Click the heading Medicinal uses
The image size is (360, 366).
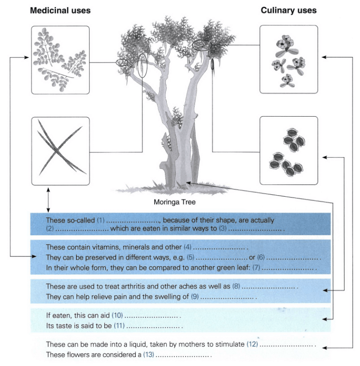(60, 10)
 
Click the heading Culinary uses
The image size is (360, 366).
(289, 10)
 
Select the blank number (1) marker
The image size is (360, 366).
(101, 220)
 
